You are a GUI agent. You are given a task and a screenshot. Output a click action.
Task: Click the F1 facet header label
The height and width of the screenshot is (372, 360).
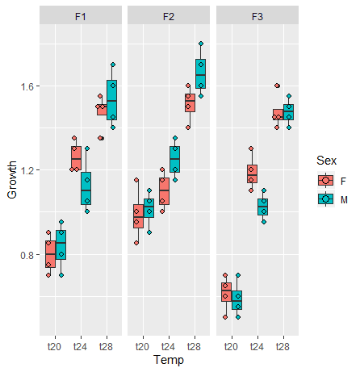[80, 15]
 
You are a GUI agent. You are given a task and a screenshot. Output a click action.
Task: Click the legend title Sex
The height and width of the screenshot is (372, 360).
[326, 161]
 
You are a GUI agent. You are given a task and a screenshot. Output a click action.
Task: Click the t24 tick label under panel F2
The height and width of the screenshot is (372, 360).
[168, 346]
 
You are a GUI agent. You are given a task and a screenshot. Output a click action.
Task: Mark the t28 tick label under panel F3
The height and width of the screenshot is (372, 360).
[283, 346]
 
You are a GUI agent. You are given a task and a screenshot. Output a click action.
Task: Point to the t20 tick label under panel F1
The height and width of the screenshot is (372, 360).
[55, 346]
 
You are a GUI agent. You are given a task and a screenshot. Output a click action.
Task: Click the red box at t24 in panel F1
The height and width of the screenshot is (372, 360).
[76, 158]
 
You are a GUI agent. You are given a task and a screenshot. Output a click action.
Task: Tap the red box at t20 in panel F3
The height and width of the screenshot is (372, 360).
[226, 292]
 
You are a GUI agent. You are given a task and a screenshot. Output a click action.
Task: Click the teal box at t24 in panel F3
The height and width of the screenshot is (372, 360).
[262, 207]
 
